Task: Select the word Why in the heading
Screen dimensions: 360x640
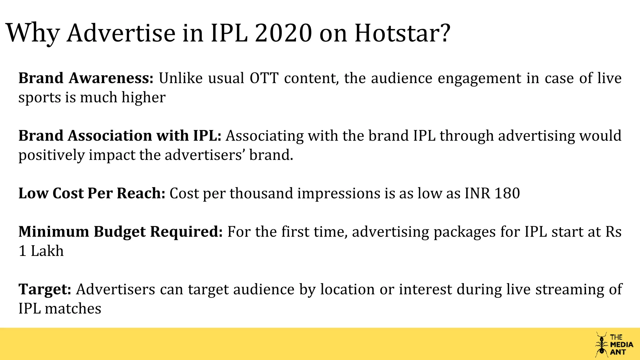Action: pyautogui.click(x=33, y=34)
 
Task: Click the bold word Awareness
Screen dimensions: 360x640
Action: pyautogui.click(x=111, y=78)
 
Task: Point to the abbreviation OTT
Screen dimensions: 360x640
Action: pyautogui.click(x=264, y=78)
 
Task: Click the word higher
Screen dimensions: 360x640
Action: pyautogui.click(x=143, y=97)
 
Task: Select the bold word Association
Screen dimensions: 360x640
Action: pyautogui.click(x=110, y=136)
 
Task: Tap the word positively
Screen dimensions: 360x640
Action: pyautogui.click(x=52, y=155)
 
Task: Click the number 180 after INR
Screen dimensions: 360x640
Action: pyautogui.click(x=507, y=193)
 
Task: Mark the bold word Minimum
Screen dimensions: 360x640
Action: pyautogui.click(x=54, y=232)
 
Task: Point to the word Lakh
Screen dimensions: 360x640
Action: pyautogui.click(x=47, y=251)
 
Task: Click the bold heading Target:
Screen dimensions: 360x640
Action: pyautogui.click(x=45, y=290)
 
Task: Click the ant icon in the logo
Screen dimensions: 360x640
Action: pyautogui.click(x=601, y=344)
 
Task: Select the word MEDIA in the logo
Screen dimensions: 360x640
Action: pyautogui.click(x=622, y=345)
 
